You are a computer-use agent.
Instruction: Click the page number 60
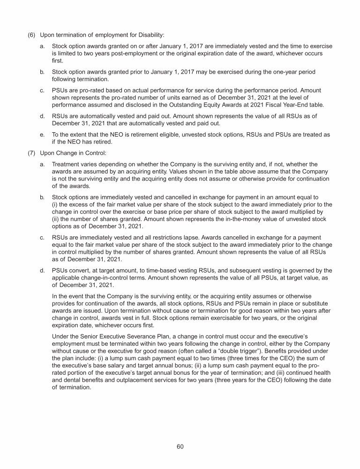click(180, 446)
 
